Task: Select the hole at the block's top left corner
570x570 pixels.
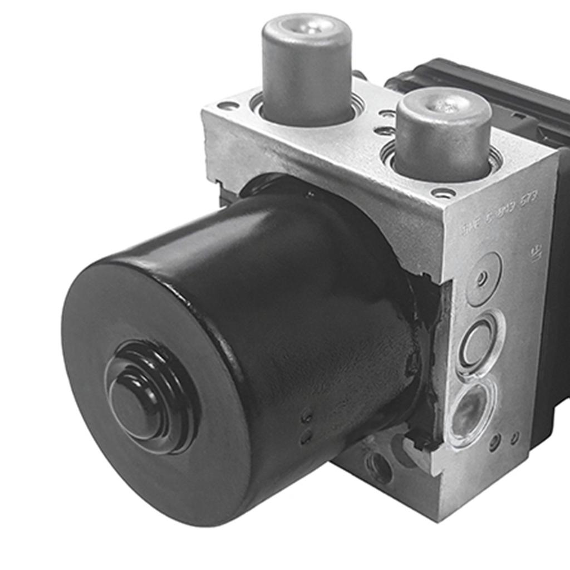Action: (x=228, y=105)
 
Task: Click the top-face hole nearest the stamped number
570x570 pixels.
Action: (x=443, y=193)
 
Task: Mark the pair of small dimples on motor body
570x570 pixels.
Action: (x=306, y=426)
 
